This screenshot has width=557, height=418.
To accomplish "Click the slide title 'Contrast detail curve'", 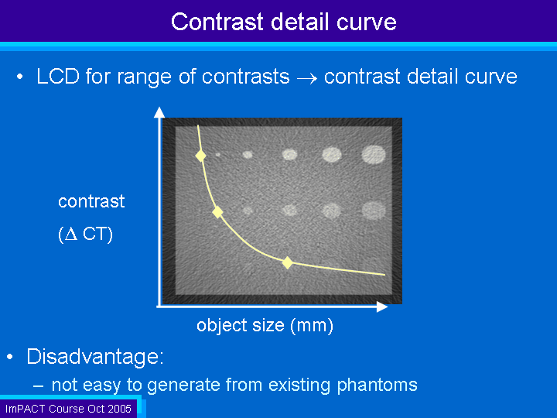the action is point(283,22).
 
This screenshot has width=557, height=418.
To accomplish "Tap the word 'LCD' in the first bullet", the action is point(58,76).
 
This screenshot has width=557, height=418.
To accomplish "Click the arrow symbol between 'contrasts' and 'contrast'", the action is point(306,78).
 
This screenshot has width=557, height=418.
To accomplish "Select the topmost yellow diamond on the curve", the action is point(200,156).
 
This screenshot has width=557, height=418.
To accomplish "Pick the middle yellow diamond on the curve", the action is point(217,212).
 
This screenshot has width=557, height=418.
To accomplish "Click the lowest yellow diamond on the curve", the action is point(287,263).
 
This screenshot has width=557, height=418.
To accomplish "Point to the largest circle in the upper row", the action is point(374,155).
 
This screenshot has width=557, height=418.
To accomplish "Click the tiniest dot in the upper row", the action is point(217,155).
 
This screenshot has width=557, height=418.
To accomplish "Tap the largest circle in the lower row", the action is point(374,210).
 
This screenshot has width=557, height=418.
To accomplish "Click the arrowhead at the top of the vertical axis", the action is point(159,112).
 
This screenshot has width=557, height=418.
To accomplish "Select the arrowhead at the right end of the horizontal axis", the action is point(382,307).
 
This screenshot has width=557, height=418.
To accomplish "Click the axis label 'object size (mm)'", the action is point(265,325).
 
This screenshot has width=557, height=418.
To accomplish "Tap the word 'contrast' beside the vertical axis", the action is point(91,201).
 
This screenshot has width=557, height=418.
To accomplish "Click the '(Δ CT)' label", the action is point(85,235).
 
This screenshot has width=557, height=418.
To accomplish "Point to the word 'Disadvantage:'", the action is point(95,356).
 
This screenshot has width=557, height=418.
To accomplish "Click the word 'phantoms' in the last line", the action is point(377,385).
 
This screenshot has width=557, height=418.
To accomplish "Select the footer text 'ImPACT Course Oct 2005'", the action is point(68,409).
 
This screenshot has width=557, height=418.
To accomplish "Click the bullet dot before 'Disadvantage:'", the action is point(9,357).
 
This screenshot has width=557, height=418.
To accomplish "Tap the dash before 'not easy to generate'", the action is point(39,386).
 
